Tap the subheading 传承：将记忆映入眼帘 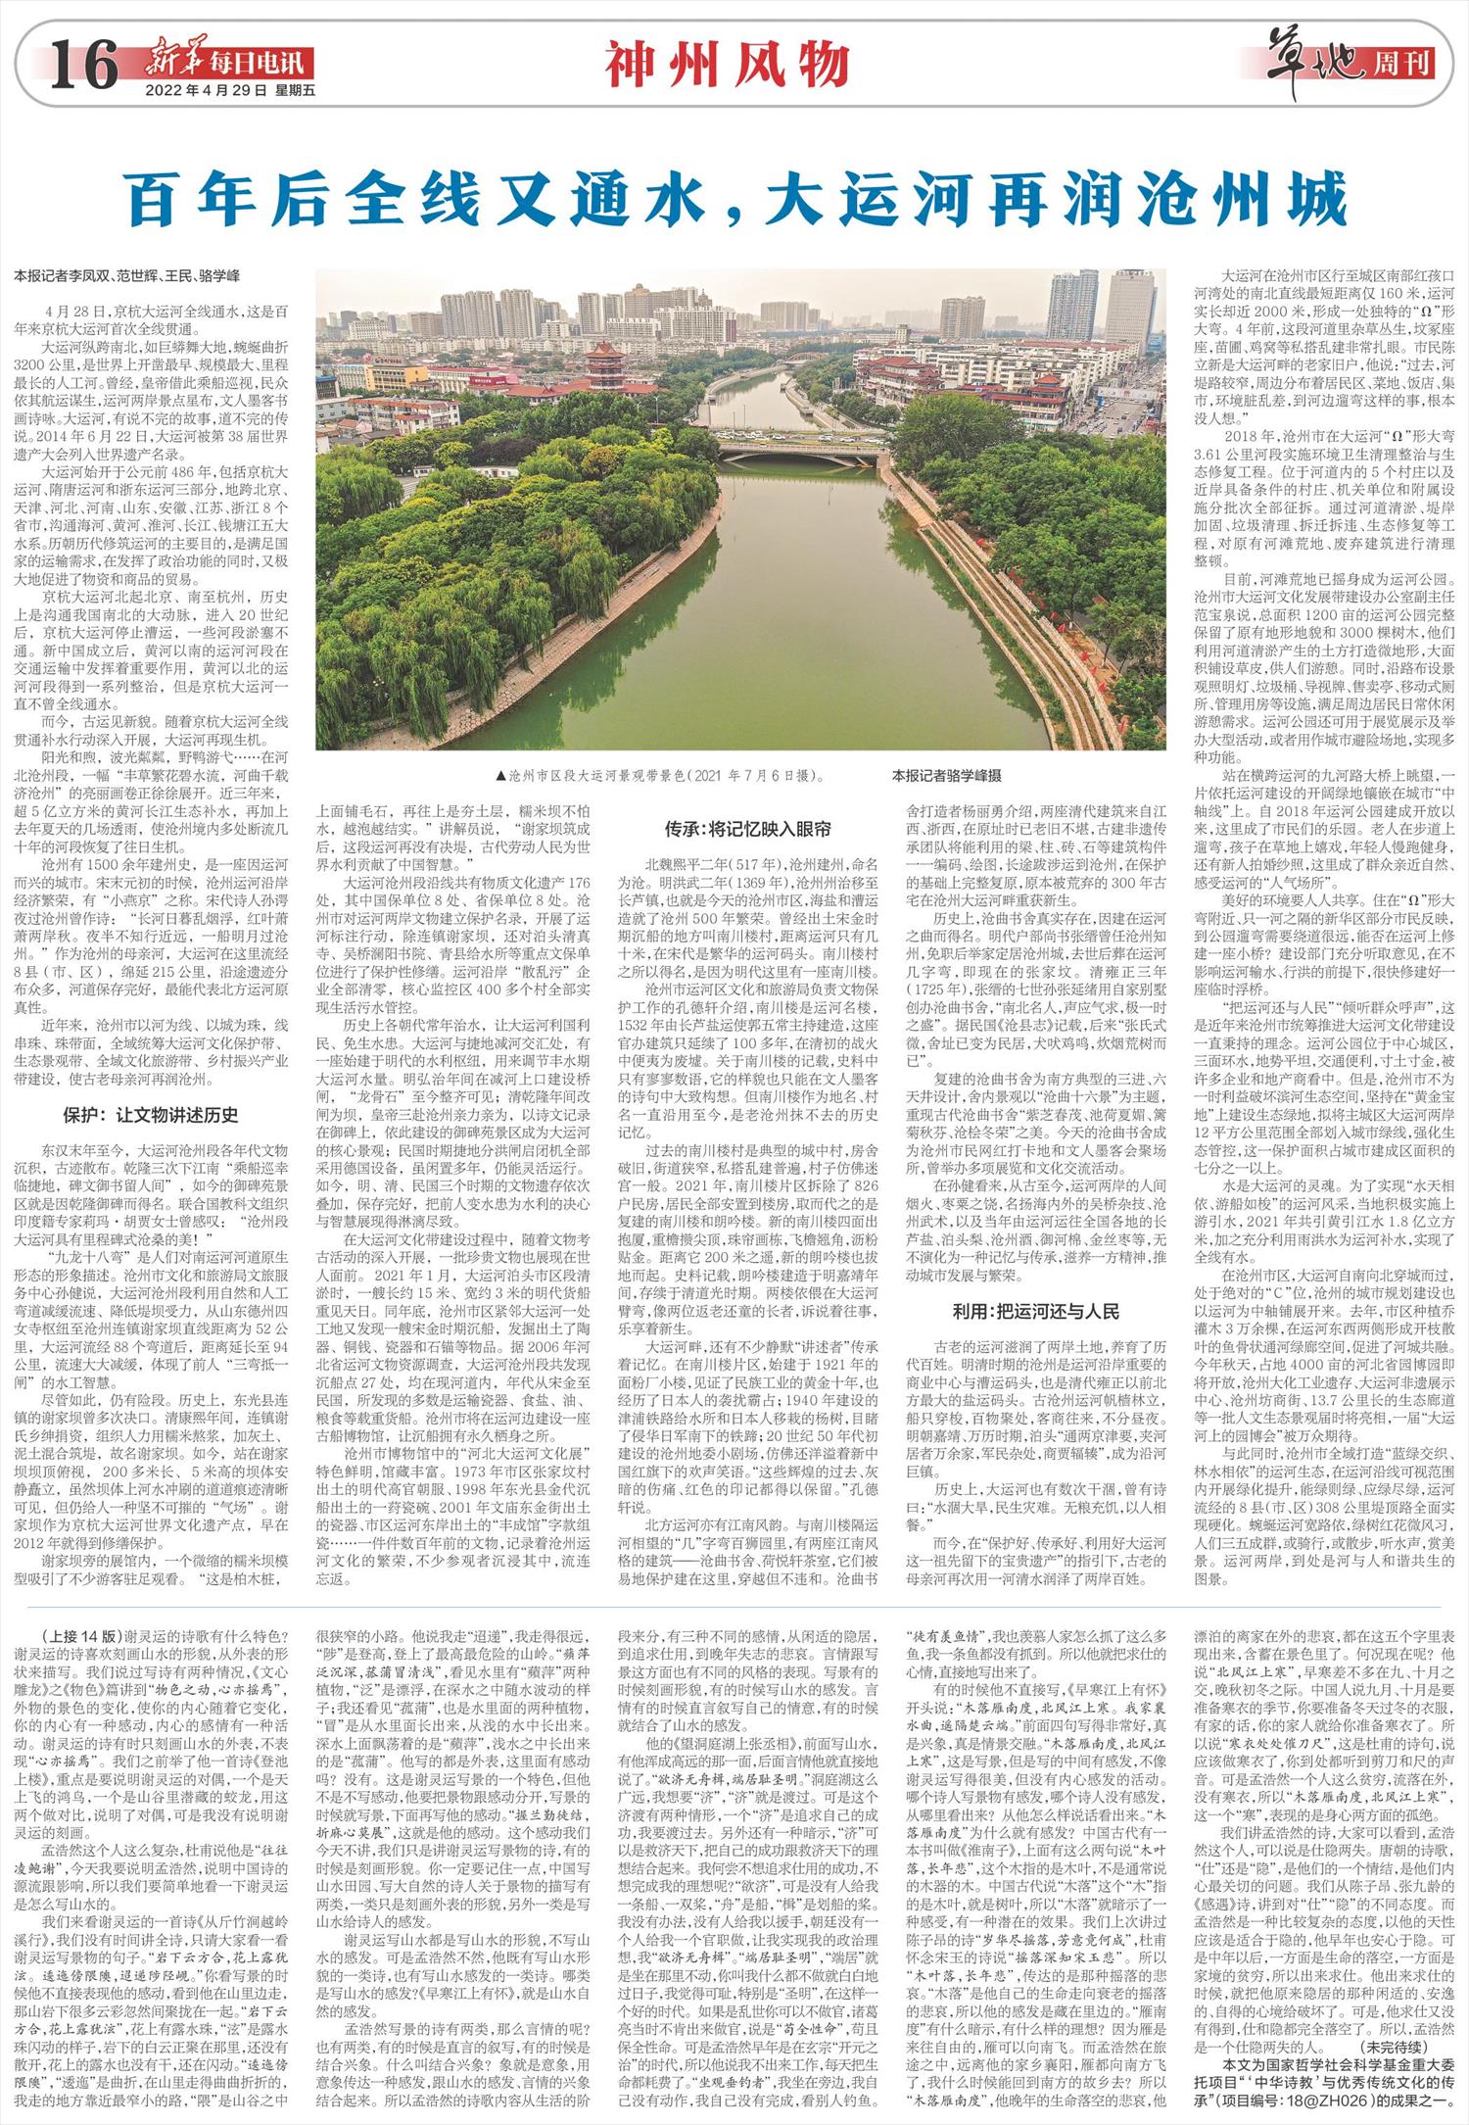point(748,829)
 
